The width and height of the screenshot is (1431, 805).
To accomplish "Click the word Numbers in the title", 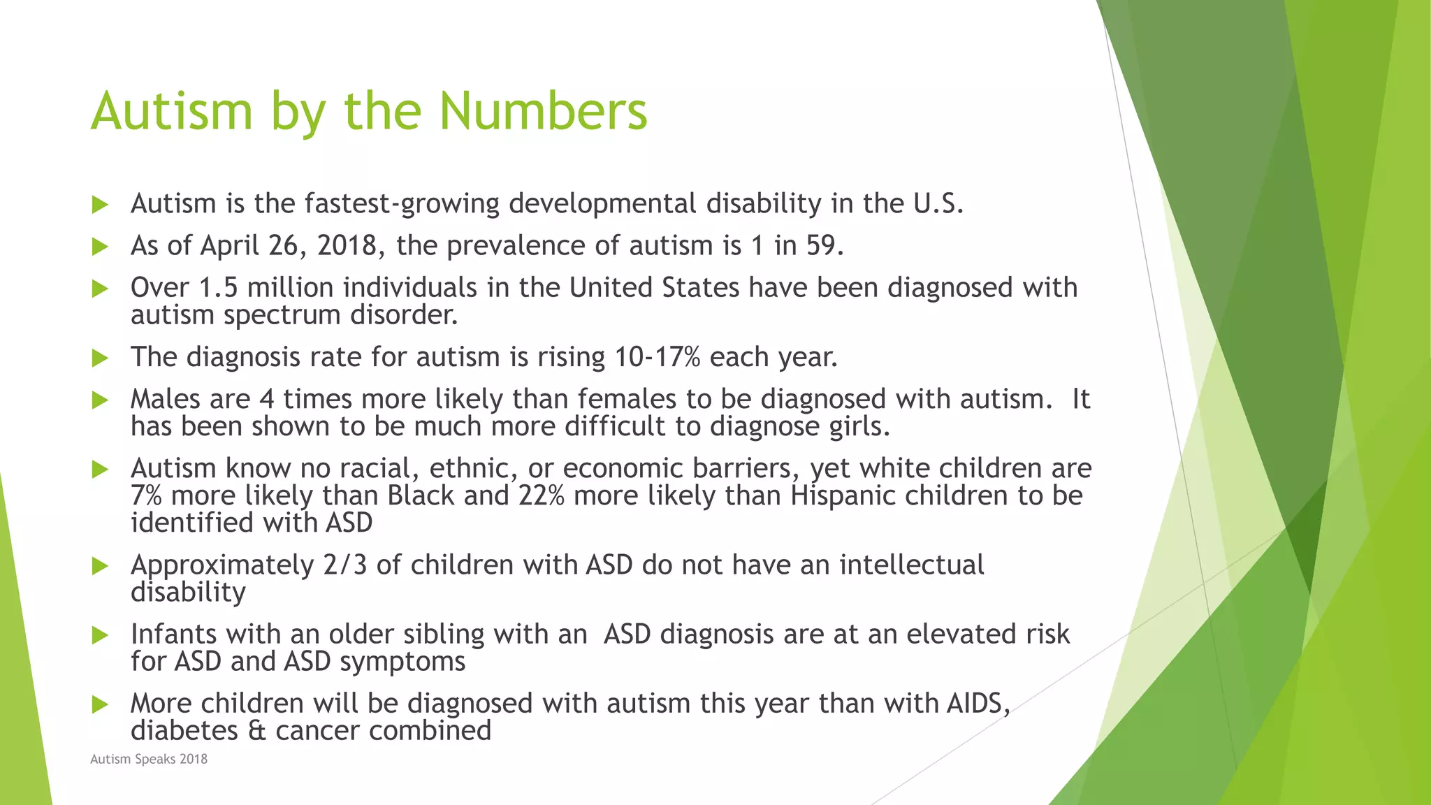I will coord(543,112).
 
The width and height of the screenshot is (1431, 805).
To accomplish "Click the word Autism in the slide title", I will coord(171,112).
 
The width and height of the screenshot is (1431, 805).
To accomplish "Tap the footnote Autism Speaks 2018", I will coord(149,759).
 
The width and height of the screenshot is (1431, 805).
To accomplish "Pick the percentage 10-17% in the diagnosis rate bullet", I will coord(658,357).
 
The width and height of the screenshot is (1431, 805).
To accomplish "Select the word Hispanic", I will coord(843,495).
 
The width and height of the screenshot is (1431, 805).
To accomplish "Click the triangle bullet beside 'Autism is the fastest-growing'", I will coord(101,205).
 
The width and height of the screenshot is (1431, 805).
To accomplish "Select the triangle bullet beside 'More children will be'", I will coord(101,704).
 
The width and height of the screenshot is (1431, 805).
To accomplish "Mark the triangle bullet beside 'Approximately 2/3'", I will coord(101,566).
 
